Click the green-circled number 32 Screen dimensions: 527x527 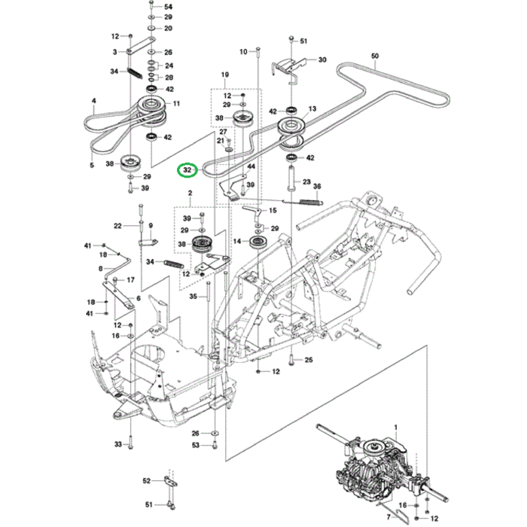(187, 170)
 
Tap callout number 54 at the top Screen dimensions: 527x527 (168, 6)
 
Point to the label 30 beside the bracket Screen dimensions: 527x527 (322, 59)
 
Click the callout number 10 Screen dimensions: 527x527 (243, 51)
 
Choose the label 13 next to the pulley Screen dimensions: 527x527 (312, 108)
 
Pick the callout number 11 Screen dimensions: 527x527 (176, 103)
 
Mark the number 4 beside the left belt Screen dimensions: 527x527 (94, 100)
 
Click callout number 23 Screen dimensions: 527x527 (306, 181)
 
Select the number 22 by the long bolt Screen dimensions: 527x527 (117, 225)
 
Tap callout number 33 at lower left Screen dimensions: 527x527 (118, 445)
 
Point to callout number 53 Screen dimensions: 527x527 (195, 446)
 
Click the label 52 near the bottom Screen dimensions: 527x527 (147, 480)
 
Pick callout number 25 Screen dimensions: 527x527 (308, 361)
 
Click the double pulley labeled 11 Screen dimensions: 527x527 (151, 108)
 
